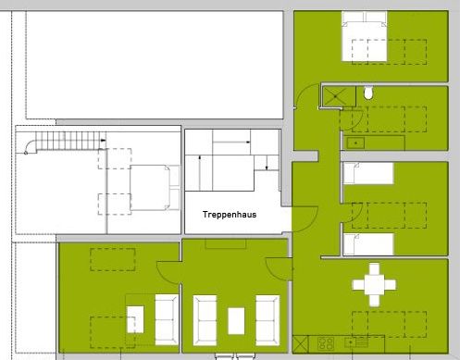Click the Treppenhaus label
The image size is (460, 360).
tap(230, 215)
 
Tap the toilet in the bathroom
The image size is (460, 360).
tap(368, 93)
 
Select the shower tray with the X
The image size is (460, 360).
tap(339, 97)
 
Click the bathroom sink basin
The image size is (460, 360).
tap(355, 143)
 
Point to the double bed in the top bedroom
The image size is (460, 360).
tap(364, 36)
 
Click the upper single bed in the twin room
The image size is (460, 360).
tap(368, 173)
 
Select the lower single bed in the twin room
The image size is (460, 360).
tap(368, 244)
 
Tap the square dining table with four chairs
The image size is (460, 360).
tap(374, 284)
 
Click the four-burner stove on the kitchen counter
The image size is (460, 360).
tap(326, 343)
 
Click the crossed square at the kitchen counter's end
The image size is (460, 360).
tap(300, 344)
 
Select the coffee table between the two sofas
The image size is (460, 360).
tap(236, 321)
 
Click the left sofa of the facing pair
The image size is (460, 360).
tap(205, 320)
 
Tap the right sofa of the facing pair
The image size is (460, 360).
tap(267, 320)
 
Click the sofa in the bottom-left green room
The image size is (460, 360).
tap(167, 319)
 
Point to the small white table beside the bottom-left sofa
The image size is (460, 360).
tap(135, 319)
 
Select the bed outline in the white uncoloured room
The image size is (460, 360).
tap(155, 188)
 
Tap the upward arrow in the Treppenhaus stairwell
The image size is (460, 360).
tap(200, 173)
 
